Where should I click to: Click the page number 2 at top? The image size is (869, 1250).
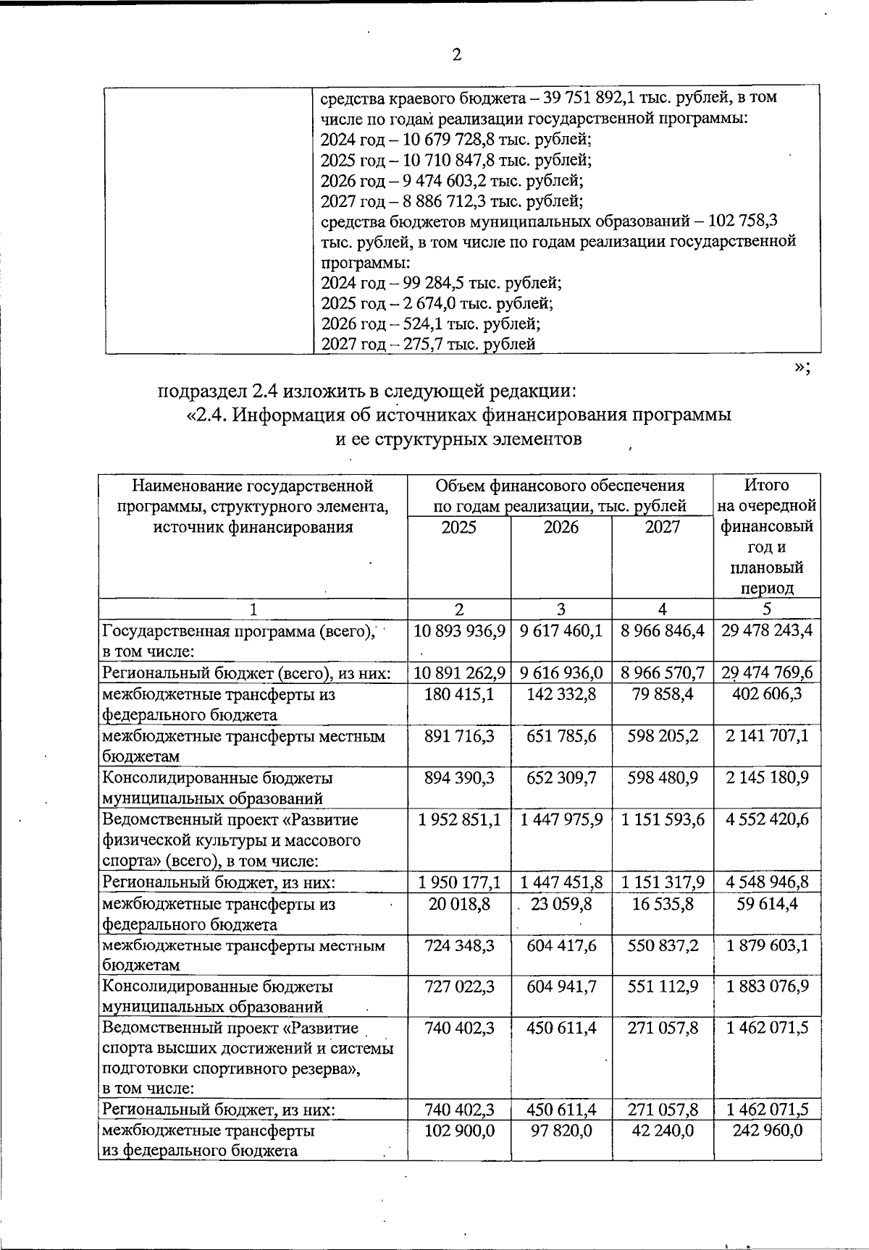point(456,55)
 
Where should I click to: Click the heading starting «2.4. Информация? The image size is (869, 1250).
point(458,415)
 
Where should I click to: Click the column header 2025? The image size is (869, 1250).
point(458,528)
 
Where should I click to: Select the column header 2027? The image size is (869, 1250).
point(663,528)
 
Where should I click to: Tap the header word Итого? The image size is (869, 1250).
point(766,485)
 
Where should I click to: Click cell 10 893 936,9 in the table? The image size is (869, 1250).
point(459,630)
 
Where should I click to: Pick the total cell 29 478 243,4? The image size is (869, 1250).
point(767,630)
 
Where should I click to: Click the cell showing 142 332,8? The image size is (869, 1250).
point(561,694)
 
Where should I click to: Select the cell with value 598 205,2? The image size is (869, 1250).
point(663,736)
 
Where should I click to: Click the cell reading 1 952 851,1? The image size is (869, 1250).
point(459,819)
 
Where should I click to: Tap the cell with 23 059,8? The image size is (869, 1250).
point(561,903)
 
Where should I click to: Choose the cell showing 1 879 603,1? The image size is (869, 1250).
point(767,945)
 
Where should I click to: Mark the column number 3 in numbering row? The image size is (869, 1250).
point(561,609)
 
